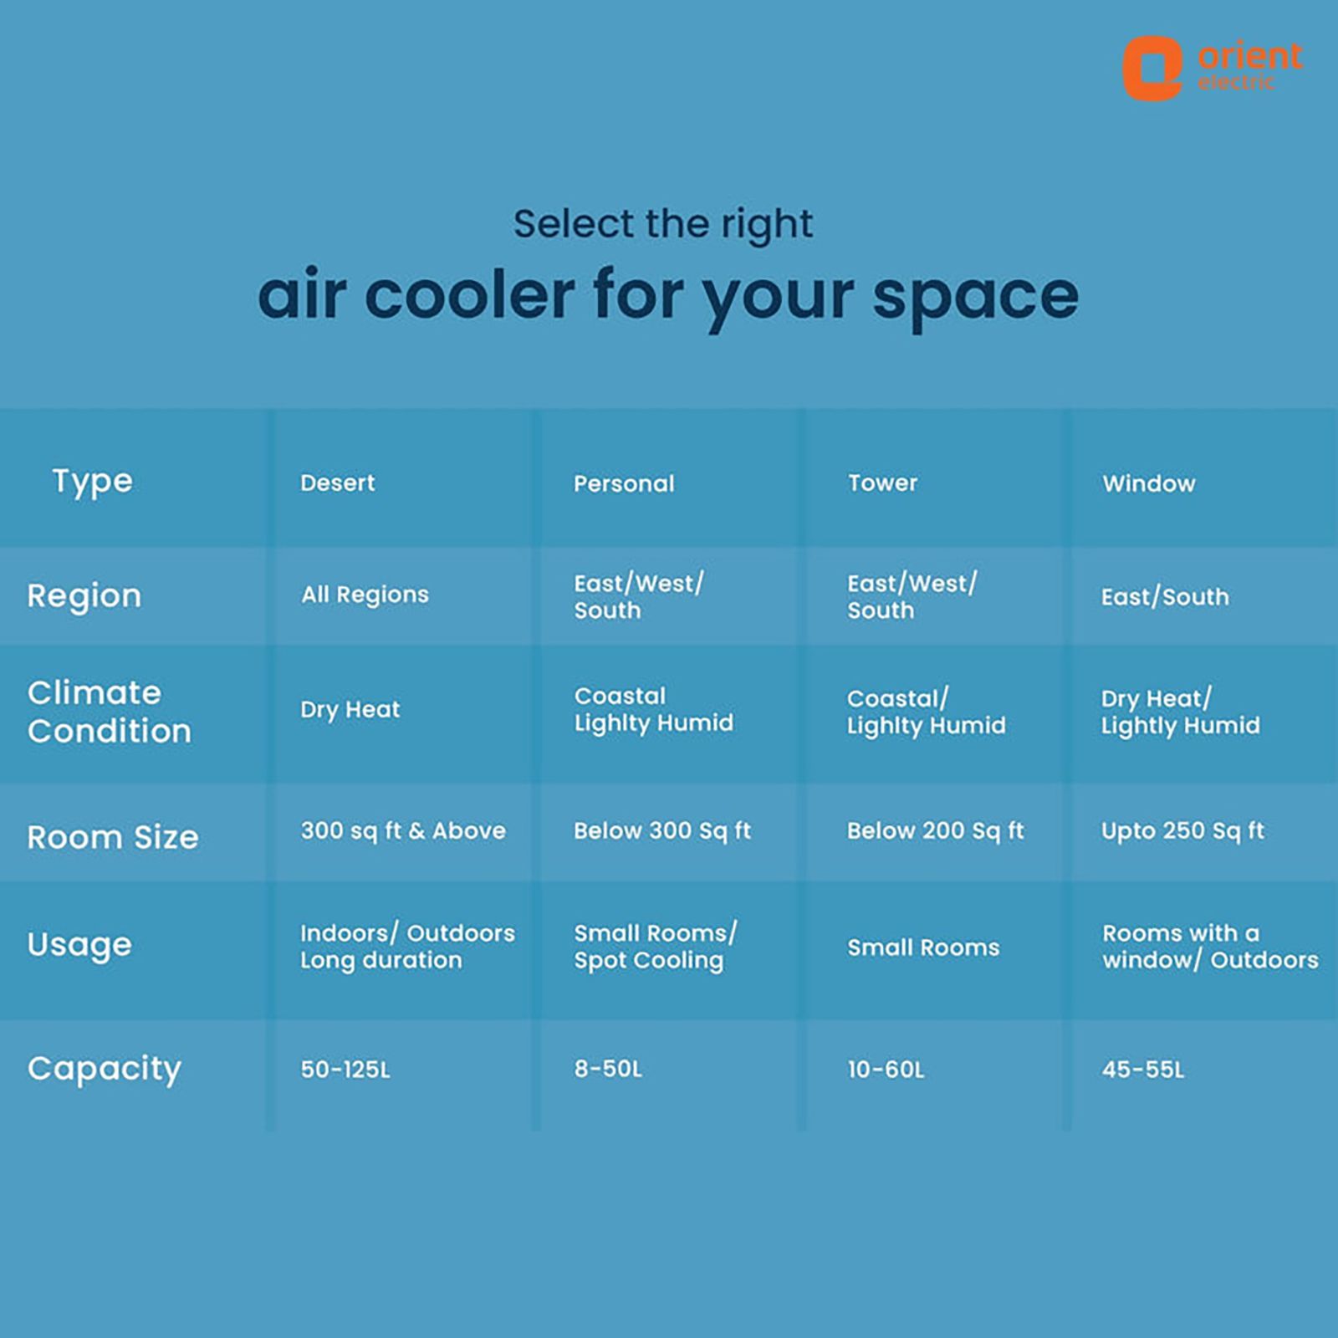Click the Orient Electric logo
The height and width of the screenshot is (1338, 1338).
click(1212, 68)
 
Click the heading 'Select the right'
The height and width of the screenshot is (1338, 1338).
click(663, 224)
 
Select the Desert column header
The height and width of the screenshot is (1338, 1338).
click(338, 483)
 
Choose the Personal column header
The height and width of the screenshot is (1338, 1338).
click(624, 483)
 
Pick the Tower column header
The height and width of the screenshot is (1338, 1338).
click(882, 483)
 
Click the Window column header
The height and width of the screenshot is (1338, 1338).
click(1149, 483)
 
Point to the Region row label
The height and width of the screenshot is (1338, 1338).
click(84, 596)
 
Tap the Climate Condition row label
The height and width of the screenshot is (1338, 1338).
click(110, 712)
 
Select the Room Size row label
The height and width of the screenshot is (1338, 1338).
click(113, 837)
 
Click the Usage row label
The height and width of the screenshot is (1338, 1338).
click(79, 945)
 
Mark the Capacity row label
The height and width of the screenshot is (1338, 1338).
click(105, 1070)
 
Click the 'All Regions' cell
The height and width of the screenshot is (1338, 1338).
click(365, 595)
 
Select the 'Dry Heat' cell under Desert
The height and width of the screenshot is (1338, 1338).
click(350, 710)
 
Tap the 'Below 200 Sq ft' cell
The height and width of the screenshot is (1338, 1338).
click(936, 830)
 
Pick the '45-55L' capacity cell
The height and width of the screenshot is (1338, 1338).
click(1143, 1070)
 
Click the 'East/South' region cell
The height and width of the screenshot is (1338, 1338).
click(1165, 596)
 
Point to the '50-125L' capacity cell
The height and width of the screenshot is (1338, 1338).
click(345, 1070)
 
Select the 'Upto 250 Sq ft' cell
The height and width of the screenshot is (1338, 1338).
click(1182, 830)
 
